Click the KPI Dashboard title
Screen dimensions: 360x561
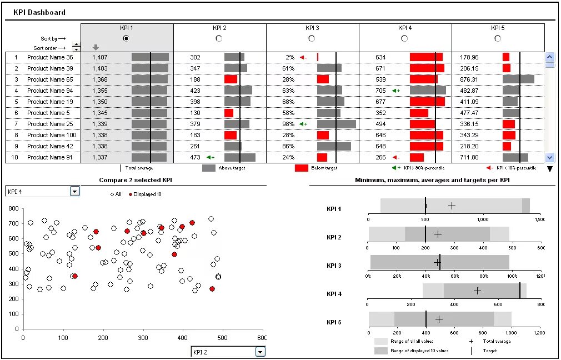(39, 12)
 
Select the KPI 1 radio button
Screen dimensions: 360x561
(126, 38)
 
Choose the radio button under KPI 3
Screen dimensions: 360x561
(312, 38)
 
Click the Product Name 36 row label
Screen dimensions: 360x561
(50, 57)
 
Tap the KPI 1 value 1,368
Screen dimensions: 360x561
(100, 79)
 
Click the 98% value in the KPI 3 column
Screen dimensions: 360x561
(288, 124)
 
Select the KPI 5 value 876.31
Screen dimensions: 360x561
(469, 79)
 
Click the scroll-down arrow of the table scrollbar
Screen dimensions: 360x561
(550, 157)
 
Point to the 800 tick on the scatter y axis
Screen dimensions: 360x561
(13, 209)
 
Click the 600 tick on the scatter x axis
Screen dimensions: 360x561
(261, 337)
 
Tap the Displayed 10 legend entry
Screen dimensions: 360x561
(147, 194)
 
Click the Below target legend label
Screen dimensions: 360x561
(324, 168)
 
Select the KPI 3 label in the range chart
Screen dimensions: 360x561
(334, 266)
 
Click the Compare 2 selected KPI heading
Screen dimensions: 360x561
(135, 180)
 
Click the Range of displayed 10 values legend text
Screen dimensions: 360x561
(419, 351)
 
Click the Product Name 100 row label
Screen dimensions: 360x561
(52, 135)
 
